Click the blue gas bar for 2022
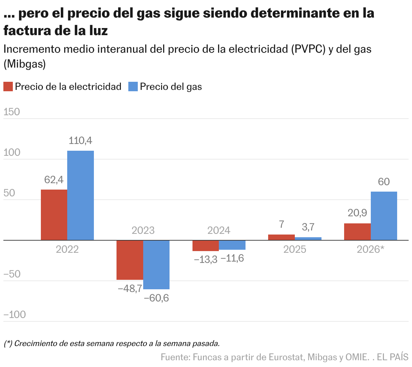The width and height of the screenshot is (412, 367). tap(80, 195)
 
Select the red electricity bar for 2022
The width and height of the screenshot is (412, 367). tap(54, 215)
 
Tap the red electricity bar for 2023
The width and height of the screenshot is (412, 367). tap(130, 260)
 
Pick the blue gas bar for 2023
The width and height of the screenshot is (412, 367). tap(156, 265)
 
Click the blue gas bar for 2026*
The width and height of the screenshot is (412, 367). tap(384, 216)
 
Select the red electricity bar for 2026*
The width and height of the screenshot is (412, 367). tap(357, 232)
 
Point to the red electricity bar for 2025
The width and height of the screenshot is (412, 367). tap(281, 237)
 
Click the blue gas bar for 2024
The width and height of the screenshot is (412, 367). tap(232, 245)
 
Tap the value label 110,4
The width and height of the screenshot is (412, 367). tap(80, 141)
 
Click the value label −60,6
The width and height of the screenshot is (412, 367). tap(156, 298)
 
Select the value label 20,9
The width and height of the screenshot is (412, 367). tap(357, 213)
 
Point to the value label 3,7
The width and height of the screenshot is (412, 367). tap(308, 227)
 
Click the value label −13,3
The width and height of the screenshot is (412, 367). tap(205, 260)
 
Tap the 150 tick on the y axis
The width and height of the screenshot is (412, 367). tap(12, 112)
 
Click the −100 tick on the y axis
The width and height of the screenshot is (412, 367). tap(15, 315)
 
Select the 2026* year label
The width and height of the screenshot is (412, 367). tap(370, 249)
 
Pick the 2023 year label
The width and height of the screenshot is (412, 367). tap(143, 230)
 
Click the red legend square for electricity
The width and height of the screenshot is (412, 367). tap(8, 87)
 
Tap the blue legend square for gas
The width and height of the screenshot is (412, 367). tap(133, 87)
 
